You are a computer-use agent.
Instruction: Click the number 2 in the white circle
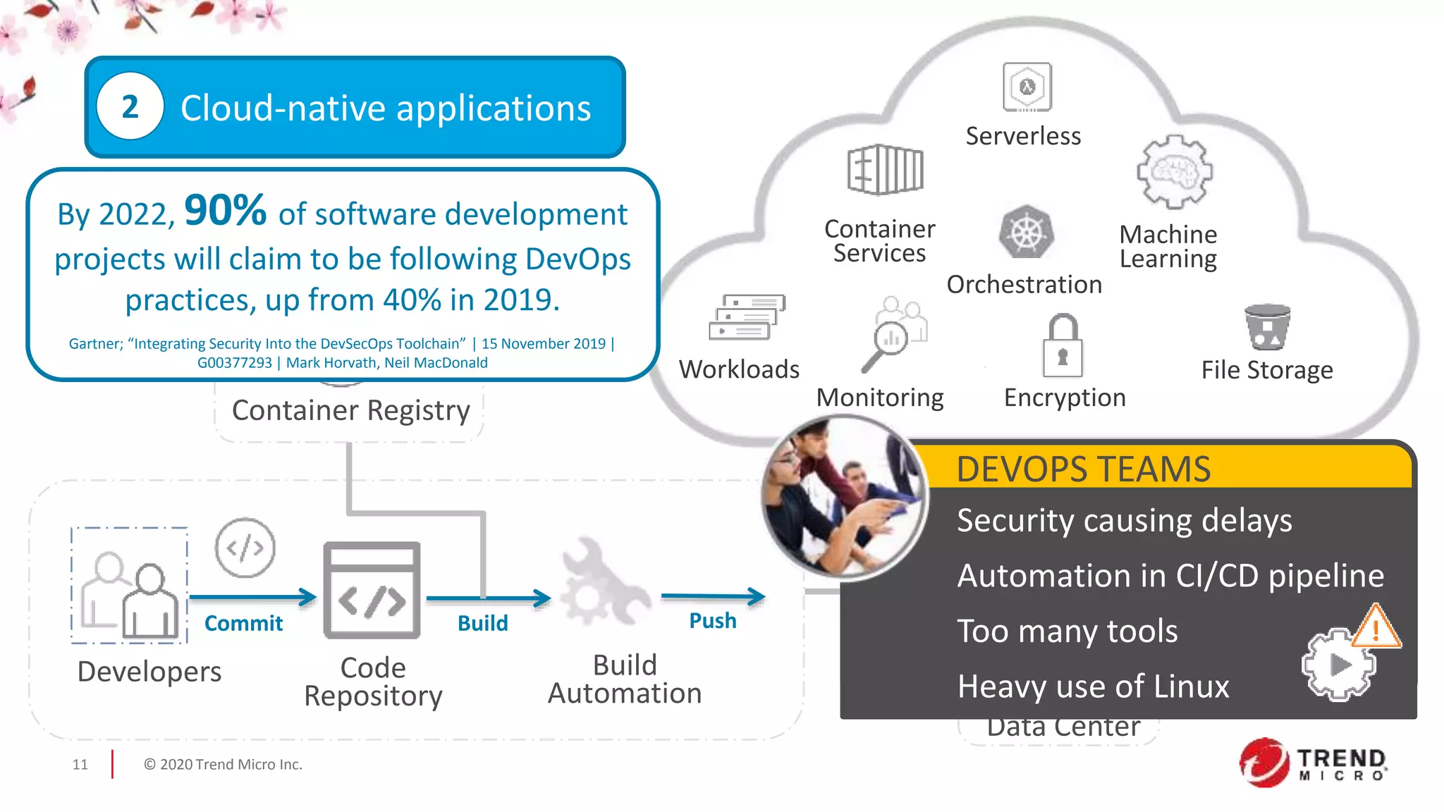pyautogui.click(x=130, y=107)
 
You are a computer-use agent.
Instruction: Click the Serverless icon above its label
pyautogui.click(x=1027, y=87)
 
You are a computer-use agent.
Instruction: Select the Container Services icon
pyautogui.click(x=885, y=170)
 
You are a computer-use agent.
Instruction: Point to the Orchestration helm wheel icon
pyautogui.click(x=1026, y=233)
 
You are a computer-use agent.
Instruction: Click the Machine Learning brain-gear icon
pyautogui.click(x=1173, y=172)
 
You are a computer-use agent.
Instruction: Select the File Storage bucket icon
pyautogui.click(x=1267, y=327)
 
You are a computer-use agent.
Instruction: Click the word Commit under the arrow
pyautogui.click(x=243, y=623)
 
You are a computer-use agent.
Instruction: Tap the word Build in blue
pyautogui.click(x=482, y=623)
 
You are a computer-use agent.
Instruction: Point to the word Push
pyautogui.click(x=712, y=621)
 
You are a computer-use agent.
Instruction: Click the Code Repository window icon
pyautogui.click(x=372, y=590)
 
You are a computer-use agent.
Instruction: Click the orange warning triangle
pyautogui.click(x=1376, y=627)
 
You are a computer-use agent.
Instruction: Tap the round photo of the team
pyautogui.click(x=844, y=497)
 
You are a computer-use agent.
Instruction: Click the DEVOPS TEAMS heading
pyautogui.click(x=1083, y=469)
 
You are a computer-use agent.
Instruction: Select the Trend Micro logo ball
pyautogui.click(x=1264, y=763)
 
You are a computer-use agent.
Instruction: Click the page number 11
pyautogui.click(x=80, y=765)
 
